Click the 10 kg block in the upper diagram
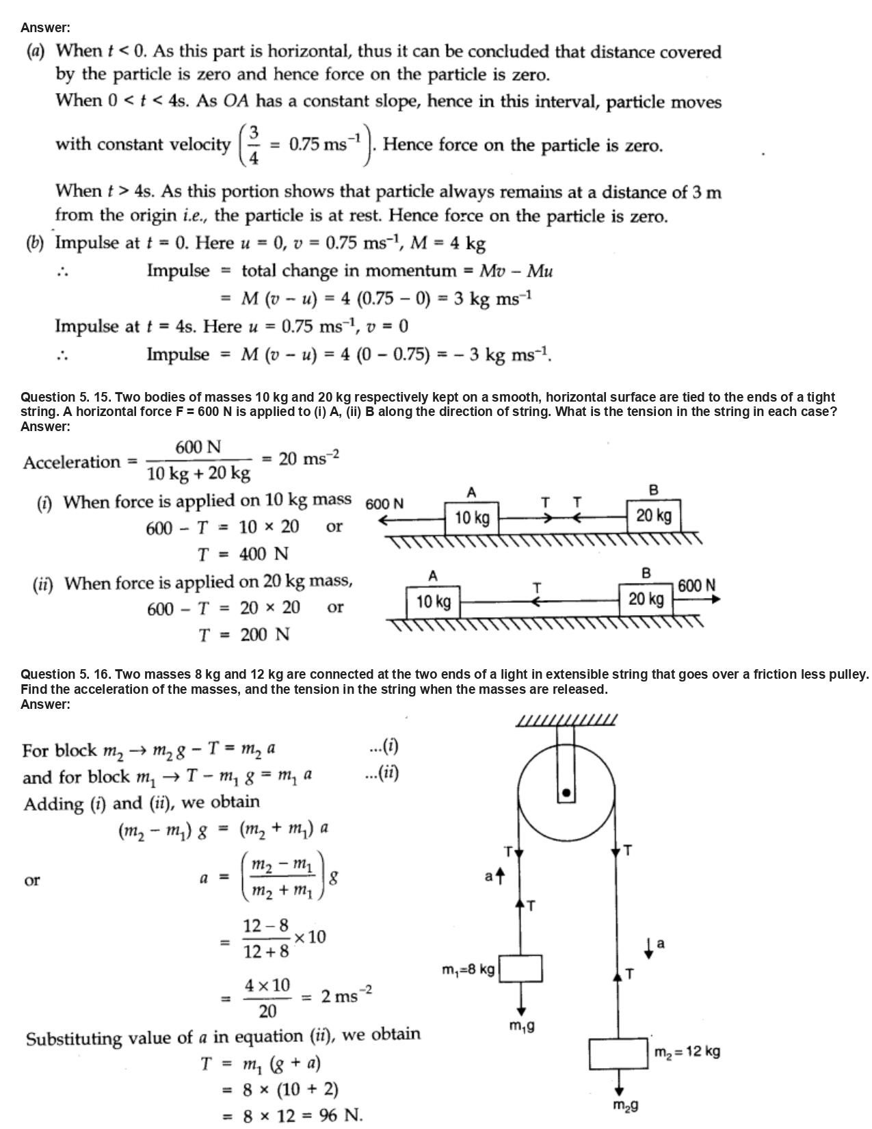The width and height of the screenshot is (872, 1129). [x=472, y=517]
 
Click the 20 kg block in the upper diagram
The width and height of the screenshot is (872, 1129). [x=653, y=515]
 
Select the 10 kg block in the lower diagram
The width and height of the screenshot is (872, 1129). [x=433, y=601]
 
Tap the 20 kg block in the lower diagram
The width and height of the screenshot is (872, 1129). [x=646, y=599]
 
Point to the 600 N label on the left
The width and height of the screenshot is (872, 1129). [x=384, y=504]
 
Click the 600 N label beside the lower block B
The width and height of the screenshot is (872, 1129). [x=697, y=586]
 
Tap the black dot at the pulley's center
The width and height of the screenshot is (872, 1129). [x=566, y=793]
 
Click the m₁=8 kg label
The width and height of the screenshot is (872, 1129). [x=468, y=970]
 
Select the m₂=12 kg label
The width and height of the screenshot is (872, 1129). [x=686, y=1052]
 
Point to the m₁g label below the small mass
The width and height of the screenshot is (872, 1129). [x=522, y=1026]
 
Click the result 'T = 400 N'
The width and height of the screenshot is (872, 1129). [x=243, y=554]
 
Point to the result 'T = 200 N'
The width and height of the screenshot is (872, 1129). [x=243, y=635]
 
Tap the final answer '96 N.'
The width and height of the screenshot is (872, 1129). [x=341, y=1115]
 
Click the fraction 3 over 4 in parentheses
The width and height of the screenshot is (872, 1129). [x=254, y=144]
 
